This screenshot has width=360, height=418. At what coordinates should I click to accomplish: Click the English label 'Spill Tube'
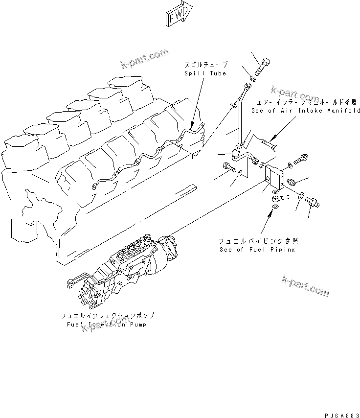point(205,73)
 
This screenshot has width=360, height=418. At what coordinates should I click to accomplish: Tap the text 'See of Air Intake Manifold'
point(306,111)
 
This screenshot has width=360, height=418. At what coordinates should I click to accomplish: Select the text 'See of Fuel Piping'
point(257,249)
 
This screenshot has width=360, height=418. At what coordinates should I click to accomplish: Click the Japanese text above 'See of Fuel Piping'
point(258,241)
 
